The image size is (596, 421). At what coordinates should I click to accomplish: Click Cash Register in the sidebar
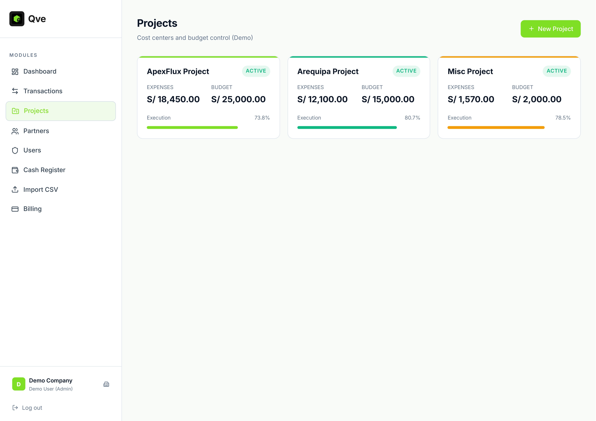[44, 170]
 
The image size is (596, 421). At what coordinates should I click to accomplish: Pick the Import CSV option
[40, 190]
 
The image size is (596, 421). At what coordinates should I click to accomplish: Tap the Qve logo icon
[17, 19]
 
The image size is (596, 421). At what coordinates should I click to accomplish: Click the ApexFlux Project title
[178, 71]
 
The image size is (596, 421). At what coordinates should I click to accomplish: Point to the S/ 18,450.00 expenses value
[173, 99]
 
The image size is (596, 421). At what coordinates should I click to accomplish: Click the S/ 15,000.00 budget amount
[388, 99]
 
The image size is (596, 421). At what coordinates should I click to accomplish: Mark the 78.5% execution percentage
[563, 118]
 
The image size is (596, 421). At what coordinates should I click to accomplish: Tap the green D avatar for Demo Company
[19, 384]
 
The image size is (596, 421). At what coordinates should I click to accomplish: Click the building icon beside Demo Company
[106, 384]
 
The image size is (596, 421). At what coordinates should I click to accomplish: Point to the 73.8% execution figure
[262, 118]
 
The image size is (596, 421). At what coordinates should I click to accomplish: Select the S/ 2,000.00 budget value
[537, 99]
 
